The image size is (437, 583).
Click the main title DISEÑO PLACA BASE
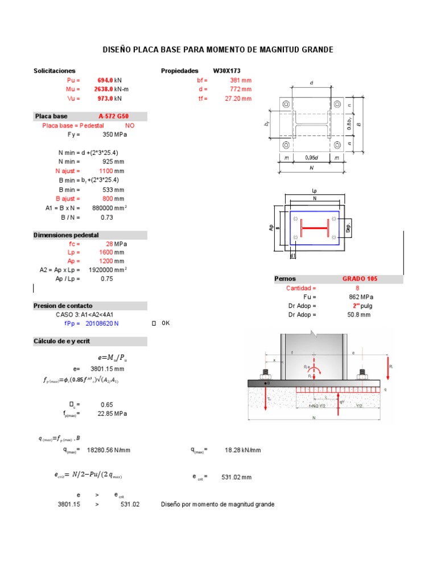click(x=218, y=50)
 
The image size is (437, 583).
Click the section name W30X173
click(x=226, y=71)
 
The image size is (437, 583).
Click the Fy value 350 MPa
click(x=114, y=135)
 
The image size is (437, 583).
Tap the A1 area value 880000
click(x=108, y=208)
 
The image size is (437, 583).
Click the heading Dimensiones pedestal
click(x=67, y=235)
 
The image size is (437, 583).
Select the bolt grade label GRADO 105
click(x=360, y=279)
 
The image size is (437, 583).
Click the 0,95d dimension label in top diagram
click(x=311, y=158)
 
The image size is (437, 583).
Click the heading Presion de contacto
click(x=63, y=306)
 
